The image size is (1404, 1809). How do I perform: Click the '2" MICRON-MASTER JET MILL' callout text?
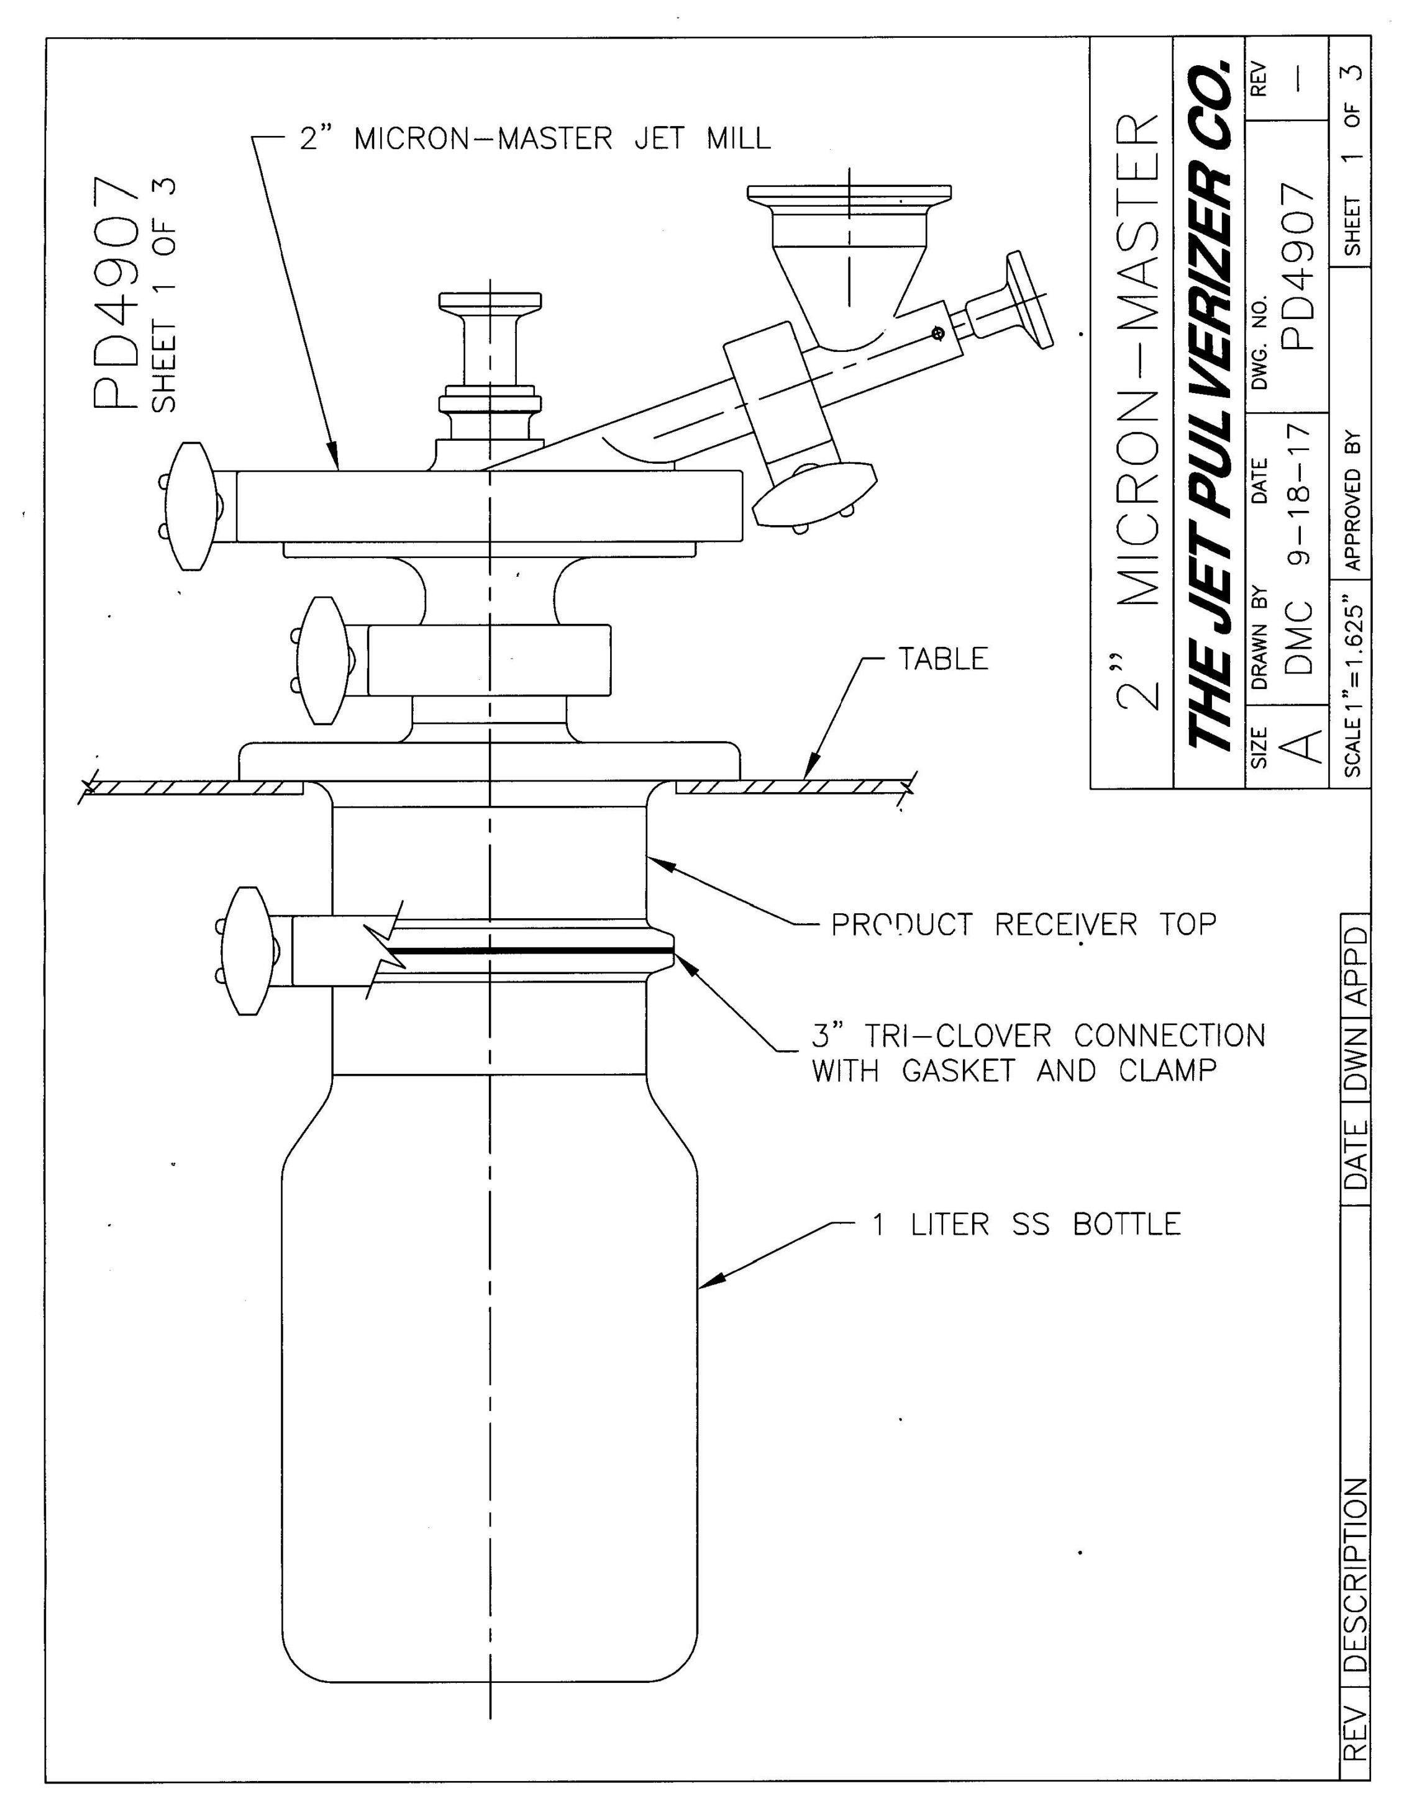pos(535,138)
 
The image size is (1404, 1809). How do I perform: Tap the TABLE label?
pos(943,659)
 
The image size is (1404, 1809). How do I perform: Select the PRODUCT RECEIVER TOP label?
pos(1024,924)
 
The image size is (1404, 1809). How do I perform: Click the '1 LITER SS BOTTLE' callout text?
pos(1025,1224)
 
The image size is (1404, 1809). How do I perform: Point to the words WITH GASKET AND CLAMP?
pos(1013,1071)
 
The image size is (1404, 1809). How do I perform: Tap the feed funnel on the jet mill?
pos(849,257)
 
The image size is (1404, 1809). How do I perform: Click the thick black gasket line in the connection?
pos(531,952)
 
